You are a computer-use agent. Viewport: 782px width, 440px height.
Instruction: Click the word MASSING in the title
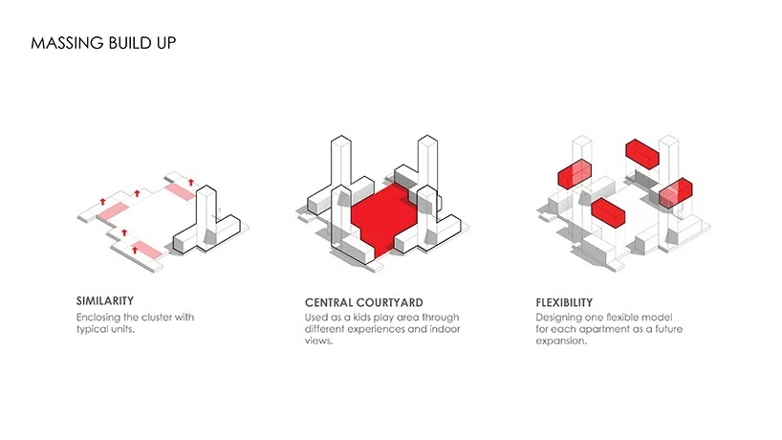pyautogui.click(x=67, y=43)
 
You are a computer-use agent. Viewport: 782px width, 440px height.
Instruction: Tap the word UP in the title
pyautogui.click(x=166, y=43)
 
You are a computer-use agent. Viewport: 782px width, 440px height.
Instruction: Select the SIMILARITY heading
pyautogui.click(x=105, y=300)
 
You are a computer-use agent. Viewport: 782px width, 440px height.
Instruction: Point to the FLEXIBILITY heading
pyautogui.click(x=564, y=302)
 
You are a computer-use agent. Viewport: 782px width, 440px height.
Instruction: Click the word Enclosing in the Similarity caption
pyautogui.click(x=98, y=318)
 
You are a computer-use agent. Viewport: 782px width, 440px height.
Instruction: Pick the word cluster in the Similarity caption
pyautogui.click(x=156, y=317)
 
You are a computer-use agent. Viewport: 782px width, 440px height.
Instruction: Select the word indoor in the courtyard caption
pyautogui.click(x=445, y=329)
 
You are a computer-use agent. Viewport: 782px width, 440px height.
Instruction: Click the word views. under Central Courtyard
pyautogui.click(x=318, y=341)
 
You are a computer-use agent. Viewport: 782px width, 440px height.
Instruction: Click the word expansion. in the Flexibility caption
pyautogui.click(x=561, y=341)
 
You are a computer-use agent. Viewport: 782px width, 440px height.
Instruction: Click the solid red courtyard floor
pyautogui.click(x=384, y=218)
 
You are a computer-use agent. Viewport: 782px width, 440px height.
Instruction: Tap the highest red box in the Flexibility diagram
pyautogui.click(x=642, y=154)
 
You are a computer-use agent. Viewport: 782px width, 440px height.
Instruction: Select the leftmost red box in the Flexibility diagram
pyautogui.click(x=576, y=174)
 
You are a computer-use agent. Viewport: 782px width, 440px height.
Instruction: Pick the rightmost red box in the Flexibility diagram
pyautogui.click(x=676, y=192)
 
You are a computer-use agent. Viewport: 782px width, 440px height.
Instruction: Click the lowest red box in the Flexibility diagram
pyautogui.click(x=608, y=213)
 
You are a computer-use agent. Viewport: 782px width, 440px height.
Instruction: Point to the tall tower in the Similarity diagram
pyautogui.click(x=206, y=214)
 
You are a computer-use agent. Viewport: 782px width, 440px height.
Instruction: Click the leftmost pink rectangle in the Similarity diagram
pyautogui.click(x=113, y=211)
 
